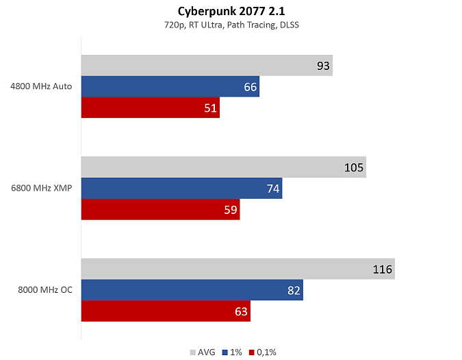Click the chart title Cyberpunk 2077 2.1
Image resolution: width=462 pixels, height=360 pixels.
(231, 12)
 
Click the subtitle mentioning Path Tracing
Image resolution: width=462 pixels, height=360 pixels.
(231, 25)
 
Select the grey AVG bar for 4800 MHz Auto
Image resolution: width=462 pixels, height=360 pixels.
(207, 65)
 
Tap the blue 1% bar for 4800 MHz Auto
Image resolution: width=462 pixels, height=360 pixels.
(170, 86)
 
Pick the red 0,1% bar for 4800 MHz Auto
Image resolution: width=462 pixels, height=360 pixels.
(151, 108)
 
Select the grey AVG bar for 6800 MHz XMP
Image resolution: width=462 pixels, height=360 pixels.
(224, 167)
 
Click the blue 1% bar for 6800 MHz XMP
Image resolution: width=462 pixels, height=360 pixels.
(182, 189)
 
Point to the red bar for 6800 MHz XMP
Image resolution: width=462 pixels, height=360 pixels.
(161, 209)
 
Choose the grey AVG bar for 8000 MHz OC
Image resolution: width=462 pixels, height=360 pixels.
(238, 269)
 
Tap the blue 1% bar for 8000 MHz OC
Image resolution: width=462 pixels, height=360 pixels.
(192, 290)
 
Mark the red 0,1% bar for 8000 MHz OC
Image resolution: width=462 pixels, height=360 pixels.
(166, 311)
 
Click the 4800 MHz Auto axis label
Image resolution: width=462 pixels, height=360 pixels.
(41, 86)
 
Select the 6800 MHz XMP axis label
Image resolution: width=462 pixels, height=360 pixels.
(42, 188)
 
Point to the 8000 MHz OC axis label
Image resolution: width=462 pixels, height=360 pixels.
(45, 290)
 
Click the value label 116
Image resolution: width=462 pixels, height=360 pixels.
(383, 269)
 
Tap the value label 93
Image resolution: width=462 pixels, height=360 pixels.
(323, 66)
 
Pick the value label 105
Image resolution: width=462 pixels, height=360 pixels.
(354, 167)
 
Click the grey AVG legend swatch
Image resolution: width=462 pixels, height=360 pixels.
(193, 352)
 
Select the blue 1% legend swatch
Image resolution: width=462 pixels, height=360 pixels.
(225, 352)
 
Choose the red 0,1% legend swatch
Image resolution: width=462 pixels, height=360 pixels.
(252, 352)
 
